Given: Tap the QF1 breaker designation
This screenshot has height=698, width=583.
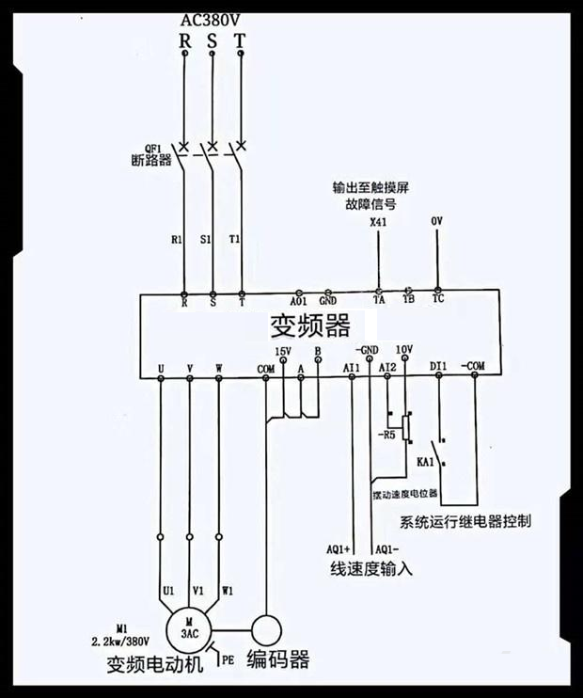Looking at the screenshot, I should click(153, 147).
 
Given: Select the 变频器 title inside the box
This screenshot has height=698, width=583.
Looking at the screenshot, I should click(310, 325).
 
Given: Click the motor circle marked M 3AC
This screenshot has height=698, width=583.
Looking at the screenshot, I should click(189, 627).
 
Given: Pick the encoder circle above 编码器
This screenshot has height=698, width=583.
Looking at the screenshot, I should click(266, 627).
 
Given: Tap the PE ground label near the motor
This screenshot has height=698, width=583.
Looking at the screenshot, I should click(228, 660).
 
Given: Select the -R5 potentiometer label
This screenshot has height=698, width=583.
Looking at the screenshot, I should click(387, 436).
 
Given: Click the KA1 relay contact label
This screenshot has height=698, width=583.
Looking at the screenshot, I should click(424, 463).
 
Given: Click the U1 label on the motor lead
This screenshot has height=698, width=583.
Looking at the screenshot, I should click(168, 591).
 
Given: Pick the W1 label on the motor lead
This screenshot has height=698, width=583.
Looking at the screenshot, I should click(228, 591).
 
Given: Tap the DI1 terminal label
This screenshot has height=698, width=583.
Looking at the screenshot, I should click(438, 364).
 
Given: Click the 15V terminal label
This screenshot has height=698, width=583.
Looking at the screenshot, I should click(283, 351).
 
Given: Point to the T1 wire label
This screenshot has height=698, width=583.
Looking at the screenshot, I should click(234, 240).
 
